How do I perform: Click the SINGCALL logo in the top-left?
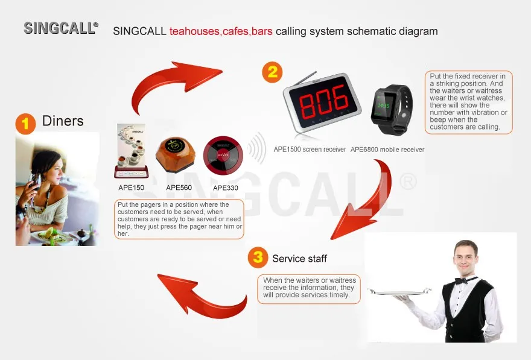pos(61,28)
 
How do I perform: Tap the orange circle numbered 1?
pos(25,124)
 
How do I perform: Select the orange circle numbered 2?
pos(272,72)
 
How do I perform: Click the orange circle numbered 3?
pos(258,258)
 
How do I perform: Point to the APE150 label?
pos(131,188)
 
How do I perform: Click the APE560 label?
pos(179,188)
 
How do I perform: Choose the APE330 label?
pos(226,188)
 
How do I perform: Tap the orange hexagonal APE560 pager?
pos(176,154)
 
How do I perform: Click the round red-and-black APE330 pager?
pos(223,155)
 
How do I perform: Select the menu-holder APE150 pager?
pos(132,151)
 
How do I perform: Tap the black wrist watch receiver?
pos(392,109)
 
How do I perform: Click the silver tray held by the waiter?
pos(399,292)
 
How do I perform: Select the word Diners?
pos(63,121)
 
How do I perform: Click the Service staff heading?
pos(299,259)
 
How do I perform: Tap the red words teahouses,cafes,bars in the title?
pos(221,31)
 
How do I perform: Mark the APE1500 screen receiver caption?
pos(310,150)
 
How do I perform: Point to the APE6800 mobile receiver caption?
pos(387,150)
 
